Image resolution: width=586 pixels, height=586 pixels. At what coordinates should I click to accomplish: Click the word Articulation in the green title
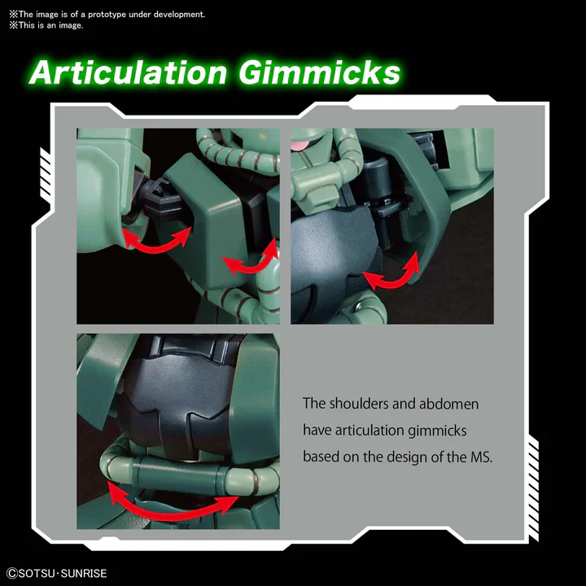129,72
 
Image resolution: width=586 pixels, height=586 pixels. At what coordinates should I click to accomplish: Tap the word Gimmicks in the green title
320,72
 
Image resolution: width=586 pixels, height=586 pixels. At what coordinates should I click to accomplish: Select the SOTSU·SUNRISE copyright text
57,573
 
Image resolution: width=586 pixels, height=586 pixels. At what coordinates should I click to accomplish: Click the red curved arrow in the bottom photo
170,513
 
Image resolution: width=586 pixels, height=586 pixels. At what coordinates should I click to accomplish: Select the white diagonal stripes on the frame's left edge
46,175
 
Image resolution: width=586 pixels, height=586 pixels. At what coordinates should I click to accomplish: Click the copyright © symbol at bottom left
12,573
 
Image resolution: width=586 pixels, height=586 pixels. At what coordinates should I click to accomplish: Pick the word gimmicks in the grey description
437,431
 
